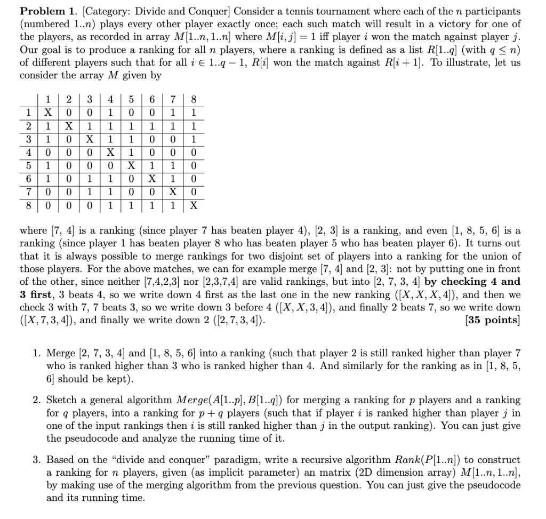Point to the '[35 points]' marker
(492, 320)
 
